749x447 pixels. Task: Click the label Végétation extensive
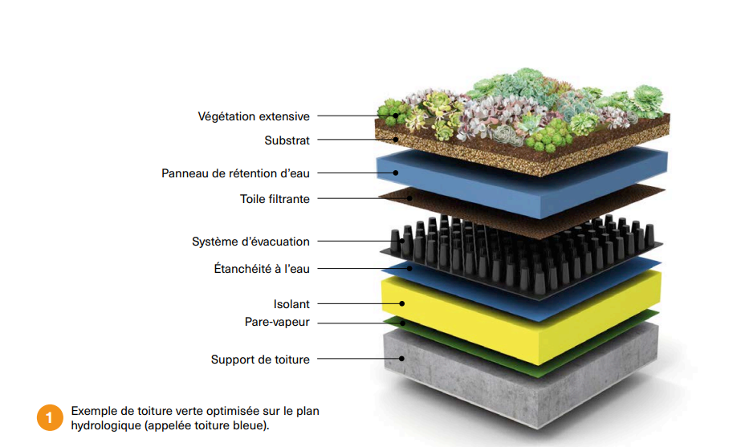pos(254,116)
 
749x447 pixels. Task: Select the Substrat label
pos(287,140)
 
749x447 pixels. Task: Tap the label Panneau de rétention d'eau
pos(235,173)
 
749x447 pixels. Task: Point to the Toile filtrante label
pos(275,198)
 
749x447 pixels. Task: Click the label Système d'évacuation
pos(250,242)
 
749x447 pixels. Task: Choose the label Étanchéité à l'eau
pos(256,269)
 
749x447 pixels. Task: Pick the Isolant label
pos(291,304)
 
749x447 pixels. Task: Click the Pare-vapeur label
pos(277,322)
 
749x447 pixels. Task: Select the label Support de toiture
pos(260,360)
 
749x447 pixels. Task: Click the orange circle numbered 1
pos(49,417)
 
